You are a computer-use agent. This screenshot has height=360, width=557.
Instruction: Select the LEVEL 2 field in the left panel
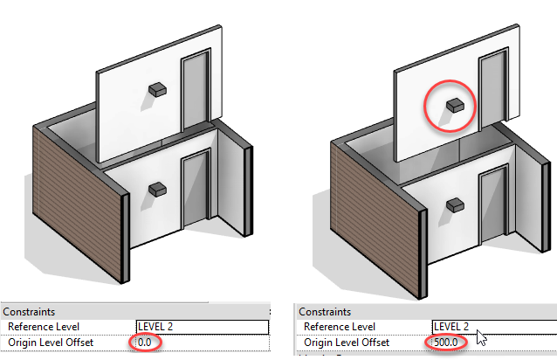(x=202, y=327)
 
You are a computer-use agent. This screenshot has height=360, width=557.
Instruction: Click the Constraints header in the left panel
(x=31, y=312)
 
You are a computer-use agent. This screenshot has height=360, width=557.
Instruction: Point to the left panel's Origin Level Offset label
(x=51, y=342)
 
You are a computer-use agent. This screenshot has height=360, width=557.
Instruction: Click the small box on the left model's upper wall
(x=157, y=88)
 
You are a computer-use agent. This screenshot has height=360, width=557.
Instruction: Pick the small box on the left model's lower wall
(x=157, y=188)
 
